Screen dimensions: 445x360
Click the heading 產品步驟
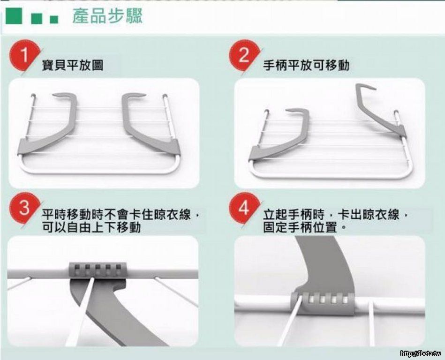pos(107,16)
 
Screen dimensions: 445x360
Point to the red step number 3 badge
pos(24,208)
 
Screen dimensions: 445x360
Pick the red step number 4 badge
pos(244,208)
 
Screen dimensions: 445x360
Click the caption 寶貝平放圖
pos(73,65)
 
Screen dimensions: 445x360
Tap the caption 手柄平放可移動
pos(306,65)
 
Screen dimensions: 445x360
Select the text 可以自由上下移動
pos(91,227)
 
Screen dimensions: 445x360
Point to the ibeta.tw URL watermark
pos(421,353)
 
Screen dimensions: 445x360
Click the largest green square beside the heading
pos(14,16)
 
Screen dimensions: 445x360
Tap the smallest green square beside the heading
pos(54,19)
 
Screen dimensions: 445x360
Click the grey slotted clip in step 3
pos(98,270)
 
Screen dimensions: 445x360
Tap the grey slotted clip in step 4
pos(323,303)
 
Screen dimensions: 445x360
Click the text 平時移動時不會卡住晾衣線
pos(116,215)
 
